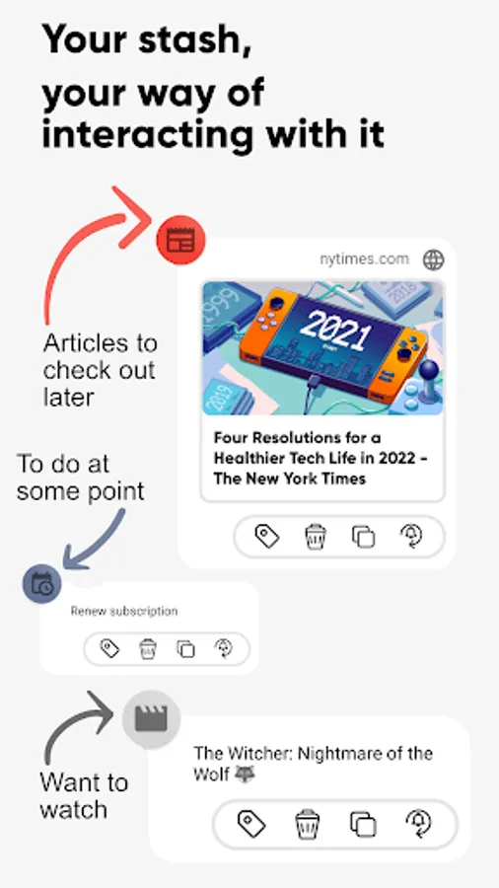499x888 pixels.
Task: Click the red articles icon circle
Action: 181,240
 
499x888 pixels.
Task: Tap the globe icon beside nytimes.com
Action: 433,259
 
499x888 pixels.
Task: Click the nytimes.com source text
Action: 364,259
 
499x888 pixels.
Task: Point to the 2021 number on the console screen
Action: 335,331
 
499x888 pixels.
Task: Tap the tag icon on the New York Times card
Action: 266,536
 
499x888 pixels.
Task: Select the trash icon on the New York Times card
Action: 316,537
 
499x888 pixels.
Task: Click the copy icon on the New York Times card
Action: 363,537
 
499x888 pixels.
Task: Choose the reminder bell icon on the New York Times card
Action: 411,536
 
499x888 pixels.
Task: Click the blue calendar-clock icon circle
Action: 41,584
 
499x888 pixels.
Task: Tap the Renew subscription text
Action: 124,611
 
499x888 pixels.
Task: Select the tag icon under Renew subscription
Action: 109,648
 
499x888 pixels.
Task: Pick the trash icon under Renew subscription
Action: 148,648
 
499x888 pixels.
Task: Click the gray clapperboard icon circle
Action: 151,719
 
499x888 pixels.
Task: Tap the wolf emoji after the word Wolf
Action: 245,773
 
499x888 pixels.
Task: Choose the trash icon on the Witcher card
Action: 308,824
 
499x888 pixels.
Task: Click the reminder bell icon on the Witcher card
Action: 419,824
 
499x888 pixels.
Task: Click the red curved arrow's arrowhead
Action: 132,217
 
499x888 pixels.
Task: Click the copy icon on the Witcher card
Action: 363,824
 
